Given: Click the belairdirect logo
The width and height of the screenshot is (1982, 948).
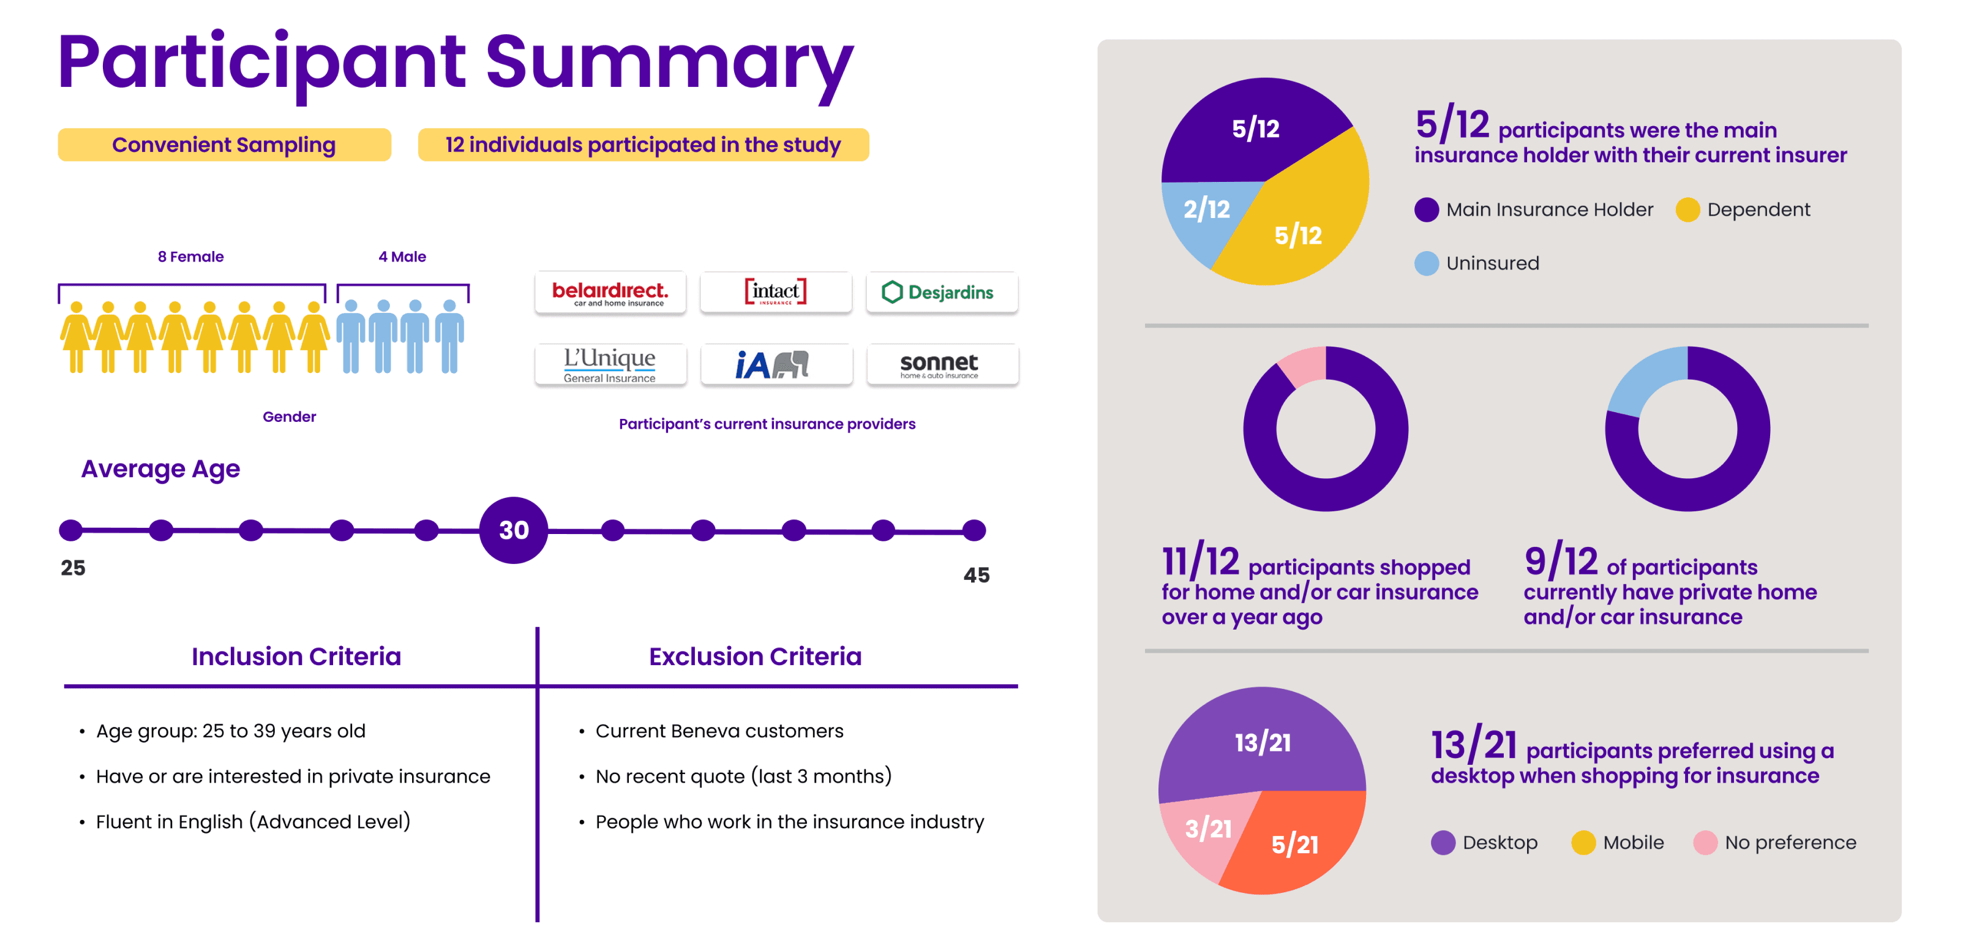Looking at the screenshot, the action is tap(610, 292).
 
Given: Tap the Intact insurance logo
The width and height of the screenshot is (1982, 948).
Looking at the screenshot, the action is tap(776, 292).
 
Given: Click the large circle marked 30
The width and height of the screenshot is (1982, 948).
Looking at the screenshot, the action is tap(513, 530).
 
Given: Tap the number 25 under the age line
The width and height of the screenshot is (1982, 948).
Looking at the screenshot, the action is tap(73, 568).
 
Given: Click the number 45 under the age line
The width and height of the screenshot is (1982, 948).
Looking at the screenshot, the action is tap(977, 575).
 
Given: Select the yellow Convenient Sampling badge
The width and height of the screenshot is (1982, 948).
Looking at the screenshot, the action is tap(225, 145).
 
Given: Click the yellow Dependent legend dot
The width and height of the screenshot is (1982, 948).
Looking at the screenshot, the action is tap(1687, 209).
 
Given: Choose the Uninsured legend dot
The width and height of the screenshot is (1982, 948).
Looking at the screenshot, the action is tap(1427, 263).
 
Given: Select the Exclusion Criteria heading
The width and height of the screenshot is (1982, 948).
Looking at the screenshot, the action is tap(755, 656).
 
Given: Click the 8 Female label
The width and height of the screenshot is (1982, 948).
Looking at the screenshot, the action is tap(191, 256).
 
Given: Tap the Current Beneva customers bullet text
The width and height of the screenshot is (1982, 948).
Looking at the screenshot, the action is tap(719, 731).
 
